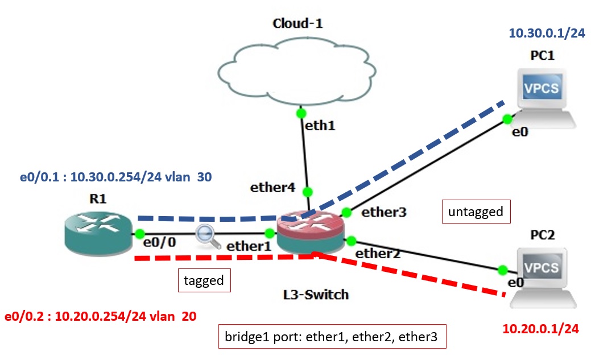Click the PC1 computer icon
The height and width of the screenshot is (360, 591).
pyautogui.click(x=543, y=94)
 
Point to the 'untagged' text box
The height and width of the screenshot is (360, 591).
pyautogui.click(x=476, y=212)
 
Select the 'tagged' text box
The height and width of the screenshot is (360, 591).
pyautogui.click(x=204, y=280)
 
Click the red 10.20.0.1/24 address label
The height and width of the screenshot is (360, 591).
pyautogui.click(x=541, y=329)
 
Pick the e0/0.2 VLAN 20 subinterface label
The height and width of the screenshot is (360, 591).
pyautogui.click(x=100, y=316)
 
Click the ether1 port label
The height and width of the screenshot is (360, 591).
pyautogui.click(x=249, y=247)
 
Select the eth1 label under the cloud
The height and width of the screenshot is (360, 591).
pyautogui.click(x=320, y=125)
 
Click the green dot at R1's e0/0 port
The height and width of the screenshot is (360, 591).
pyautogui.click(x=138, y=234)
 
